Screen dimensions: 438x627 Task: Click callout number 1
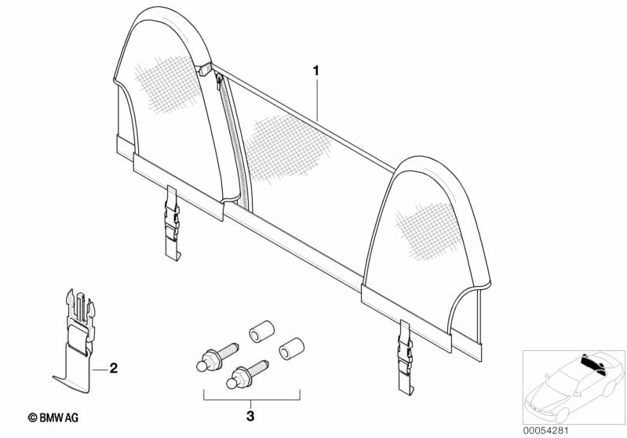point(316,71)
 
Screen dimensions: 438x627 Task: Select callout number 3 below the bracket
point(250,416)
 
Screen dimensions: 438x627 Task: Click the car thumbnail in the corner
point(572,379)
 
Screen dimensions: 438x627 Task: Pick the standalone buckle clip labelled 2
point(78,337)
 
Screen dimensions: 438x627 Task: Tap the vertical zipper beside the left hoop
point(233,141)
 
